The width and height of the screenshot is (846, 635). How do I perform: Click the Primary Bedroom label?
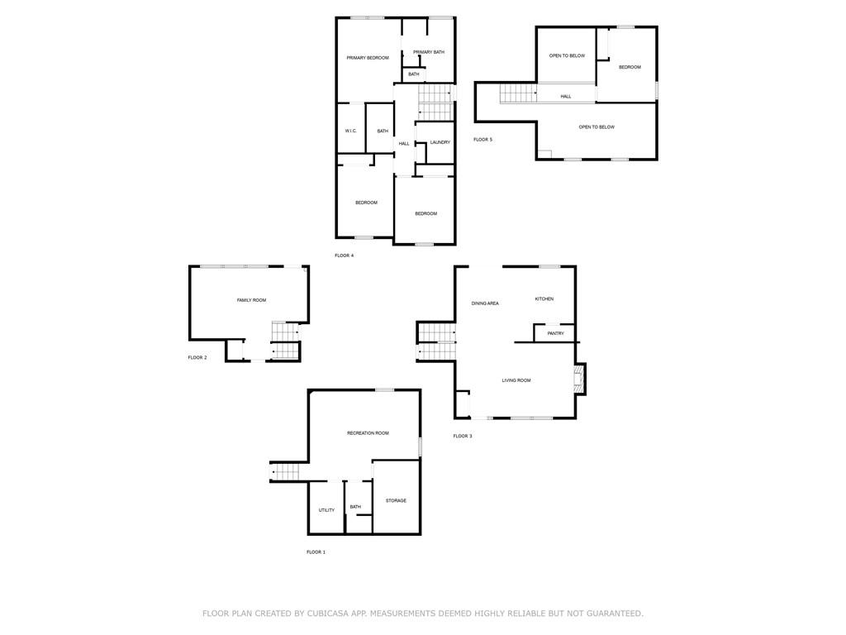tap(368, 58)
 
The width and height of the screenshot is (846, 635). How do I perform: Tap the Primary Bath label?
tap(429, 52)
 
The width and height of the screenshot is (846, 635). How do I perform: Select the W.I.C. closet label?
tap(350, 131)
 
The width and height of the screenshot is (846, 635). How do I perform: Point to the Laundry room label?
tap(440, 142)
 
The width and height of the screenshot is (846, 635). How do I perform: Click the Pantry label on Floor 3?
tap(556, 334)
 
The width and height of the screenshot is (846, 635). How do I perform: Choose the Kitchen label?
tap(544, 299)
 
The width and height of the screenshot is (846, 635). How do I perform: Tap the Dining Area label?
tap(485, 303)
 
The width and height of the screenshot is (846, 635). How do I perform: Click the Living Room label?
tap(516, 380)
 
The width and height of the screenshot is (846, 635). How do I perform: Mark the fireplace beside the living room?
tap(579, 380)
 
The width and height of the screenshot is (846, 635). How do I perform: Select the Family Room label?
tap(251, 300)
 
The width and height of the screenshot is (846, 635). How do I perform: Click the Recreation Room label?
tap(368, 433)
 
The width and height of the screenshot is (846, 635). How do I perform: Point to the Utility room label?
tap(326, 510)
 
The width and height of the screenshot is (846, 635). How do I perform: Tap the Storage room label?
tap(396, 501)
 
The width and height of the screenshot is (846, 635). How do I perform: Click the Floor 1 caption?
tap(316, 552)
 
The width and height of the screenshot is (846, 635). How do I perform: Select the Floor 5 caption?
tap(482, 140)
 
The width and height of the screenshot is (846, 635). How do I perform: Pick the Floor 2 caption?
tap(197, 357)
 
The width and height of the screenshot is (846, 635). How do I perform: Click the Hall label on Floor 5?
tap(565, 97)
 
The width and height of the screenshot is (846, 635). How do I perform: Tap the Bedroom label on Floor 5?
tap(630, 68)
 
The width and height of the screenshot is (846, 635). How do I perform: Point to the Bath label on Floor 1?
tap(355, 507)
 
